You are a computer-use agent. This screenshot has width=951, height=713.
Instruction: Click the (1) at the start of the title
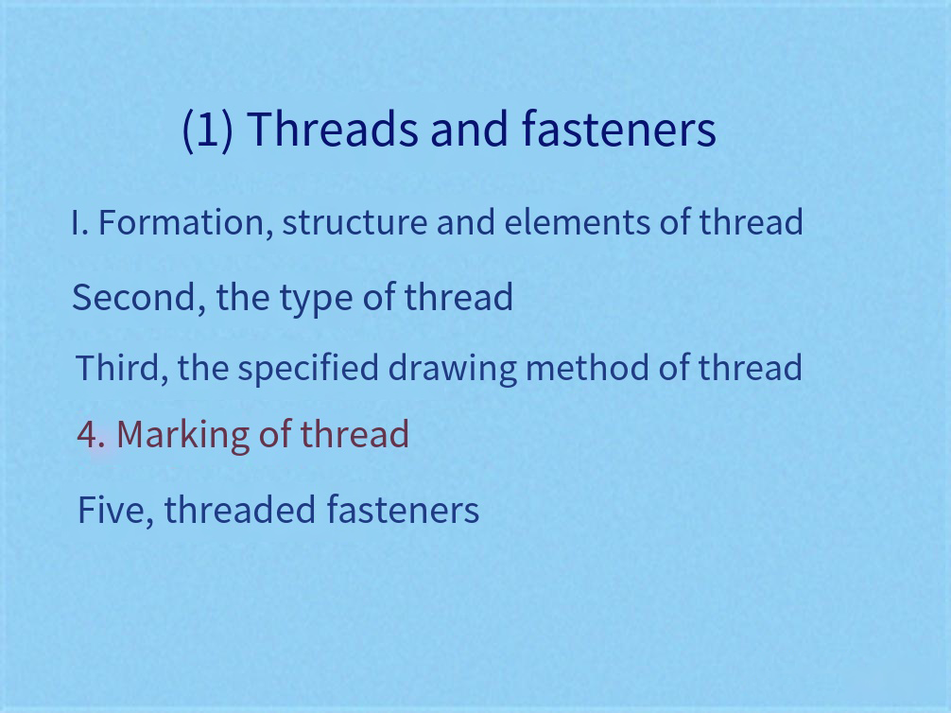[x=207, y=130]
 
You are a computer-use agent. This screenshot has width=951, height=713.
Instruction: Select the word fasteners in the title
[x=618, y=129]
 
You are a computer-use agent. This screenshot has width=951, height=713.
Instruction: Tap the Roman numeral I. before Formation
[x=80, y=223]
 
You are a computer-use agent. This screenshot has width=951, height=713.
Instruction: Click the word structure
[x=354, y=223]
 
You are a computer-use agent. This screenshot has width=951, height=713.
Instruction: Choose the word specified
[x=308, y=369]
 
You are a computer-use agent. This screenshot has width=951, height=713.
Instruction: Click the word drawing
[x=453, y=369]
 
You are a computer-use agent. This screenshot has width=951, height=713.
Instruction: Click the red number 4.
[x=91, y=435]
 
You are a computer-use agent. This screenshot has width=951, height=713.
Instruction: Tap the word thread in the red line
[x=354, y=434]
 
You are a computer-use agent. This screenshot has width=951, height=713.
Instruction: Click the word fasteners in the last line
[x=403, y=509]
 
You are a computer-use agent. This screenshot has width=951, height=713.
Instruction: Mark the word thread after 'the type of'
[x=458, y=297]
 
